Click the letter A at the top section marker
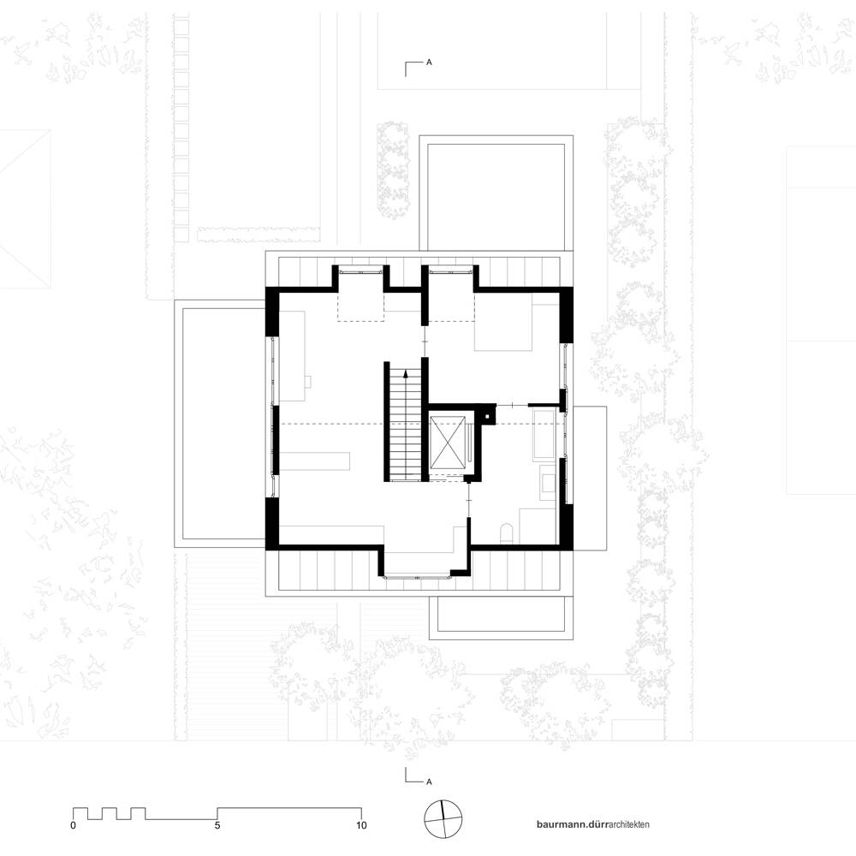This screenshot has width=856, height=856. click(x=429, y=62)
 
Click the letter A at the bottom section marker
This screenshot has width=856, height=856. click(x=429, y=782)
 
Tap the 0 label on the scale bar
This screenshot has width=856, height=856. click(x=73, y=825)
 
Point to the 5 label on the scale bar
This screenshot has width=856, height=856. click(x=217, y=825)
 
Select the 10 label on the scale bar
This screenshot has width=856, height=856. click(x=361, y=825)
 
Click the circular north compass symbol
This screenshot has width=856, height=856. click(x=443, y=819)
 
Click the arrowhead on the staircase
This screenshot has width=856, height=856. click(x=405, y=374)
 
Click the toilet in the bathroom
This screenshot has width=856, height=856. click(x=507, y=533)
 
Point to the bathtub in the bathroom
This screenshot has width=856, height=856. click(x=544, y=435)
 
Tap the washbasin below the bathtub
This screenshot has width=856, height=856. click(x=548, y=482)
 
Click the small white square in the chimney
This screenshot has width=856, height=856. click(x=486, y=417)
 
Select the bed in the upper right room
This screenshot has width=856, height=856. click(x=502, y=322)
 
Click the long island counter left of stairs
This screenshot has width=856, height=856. click(x=314, y=461)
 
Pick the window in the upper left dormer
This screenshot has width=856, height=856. click(x=360, y=270)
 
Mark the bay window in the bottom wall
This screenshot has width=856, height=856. click(x=418, y=575)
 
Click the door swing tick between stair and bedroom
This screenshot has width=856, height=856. click(x=425, y=342)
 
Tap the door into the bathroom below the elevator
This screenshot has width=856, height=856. click(x=468, y=499)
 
